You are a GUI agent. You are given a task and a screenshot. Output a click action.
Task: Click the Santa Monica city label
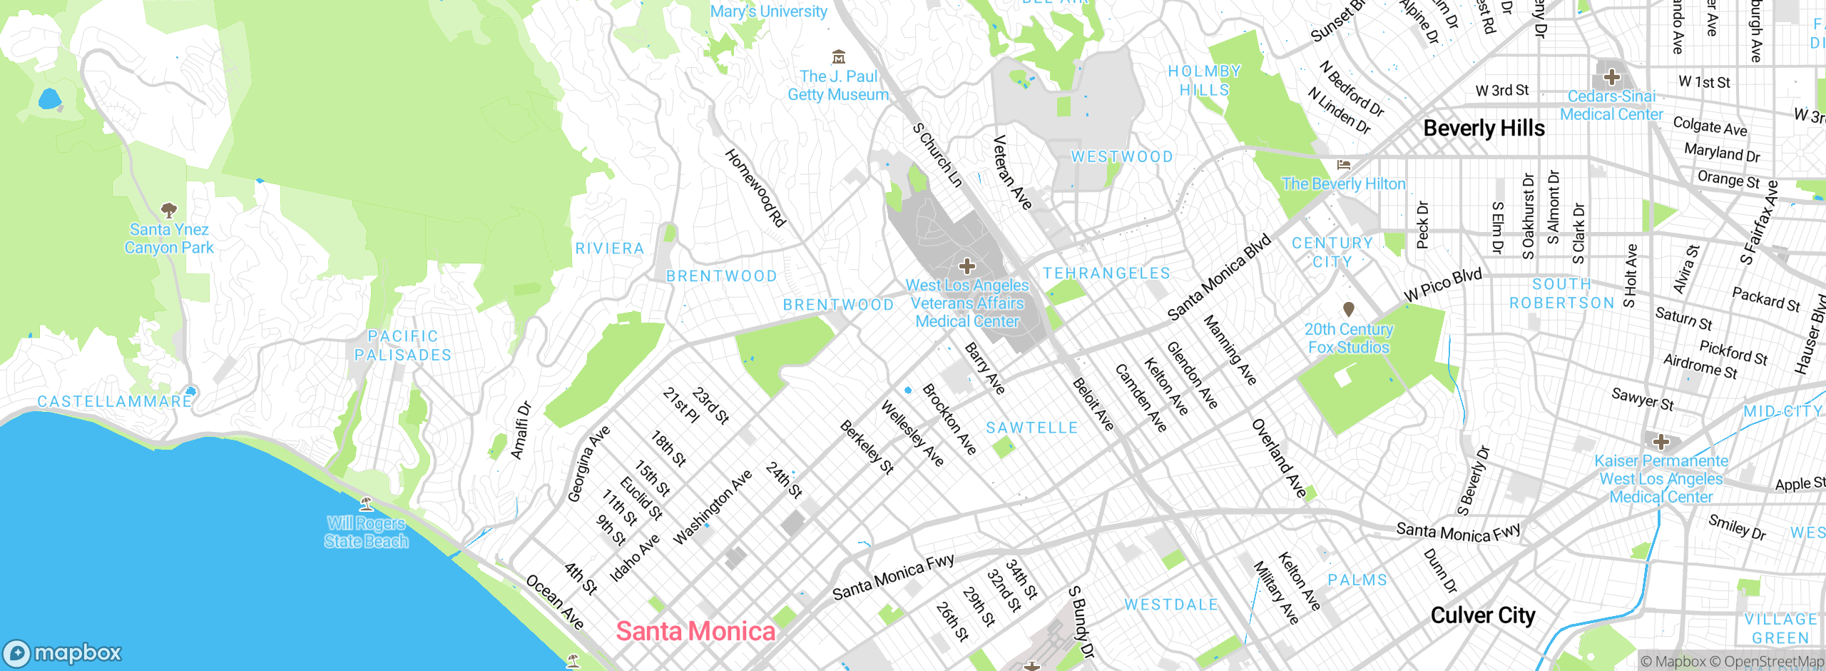coord(695,631)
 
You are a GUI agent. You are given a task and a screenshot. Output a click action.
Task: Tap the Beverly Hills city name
coord(1484,128)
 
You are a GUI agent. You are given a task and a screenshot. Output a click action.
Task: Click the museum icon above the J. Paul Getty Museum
coord(839,57)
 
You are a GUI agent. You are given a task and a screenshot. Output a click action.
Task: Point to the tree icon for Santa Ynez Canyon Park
coord(169,210)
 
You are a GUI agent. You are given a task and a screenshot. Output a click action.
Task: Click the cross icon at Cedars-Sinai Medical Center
coord(1611,77)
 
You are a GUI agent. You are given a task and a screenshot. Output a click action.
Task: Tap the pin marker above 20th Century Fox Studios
coord(1348,309)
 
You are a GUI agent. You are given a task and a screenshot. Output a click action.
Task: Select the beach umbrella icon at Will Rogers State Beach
coord(367,504)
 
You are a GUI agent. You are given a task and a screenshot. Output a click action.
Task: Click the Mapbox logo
coord(63,652)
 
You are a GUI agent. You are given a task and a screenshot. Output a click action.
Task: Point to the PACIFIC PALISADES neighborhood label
coord(403,345)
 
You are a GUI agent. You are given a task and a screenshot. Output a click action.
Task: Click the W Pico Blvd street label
coord(1442,285)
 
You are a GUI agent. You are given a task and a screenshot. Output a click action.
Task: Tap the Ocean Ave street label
coord(555,602)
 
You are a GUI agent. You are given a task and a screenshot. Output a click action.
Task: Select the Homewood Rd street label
coord(755,188)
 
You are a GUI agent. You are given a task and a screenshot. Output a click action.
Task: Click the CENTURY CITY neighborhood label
coord(1332,252)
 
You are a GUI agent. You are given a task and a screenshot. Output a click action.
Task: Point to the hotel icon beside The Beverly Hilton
coord(1344,165)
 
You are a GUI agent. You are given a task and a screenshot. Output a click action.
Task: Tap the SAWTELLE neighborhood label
coord(1031,428)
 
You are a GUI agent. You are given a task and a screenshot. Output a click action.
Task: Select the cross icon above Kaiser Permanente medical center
coord(1661,441)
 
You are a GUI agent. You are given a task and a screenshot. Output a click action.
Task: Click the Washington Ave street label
coord(712,507)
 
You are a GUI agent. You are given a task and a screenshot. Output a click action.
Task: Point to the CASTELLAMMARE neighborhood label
coord(115,401)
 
